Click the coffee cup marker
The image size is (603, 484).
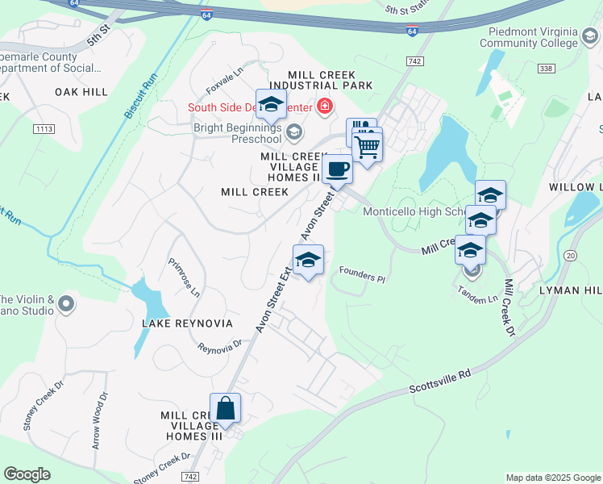pos(337,169)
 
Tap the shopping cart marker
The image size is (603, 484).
pos(368,147)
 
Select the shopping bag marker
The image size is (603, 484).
pos(225,407)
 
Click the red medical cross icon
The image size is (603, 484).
pos(324,106)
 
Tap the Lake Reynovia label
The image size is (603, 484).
pos(187,323)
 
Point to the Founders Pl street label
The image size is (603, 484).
pos(362,276)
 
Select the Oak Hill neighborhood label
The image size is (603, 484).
pos(81,93)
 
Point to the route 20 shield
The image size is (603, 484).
pos(572,255)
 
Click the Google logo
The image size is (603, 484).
pos(27,474)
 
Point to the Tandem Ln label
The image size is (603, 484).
pos(477,294)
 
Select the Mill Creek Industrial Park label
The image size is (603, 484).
pos(321,79)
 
